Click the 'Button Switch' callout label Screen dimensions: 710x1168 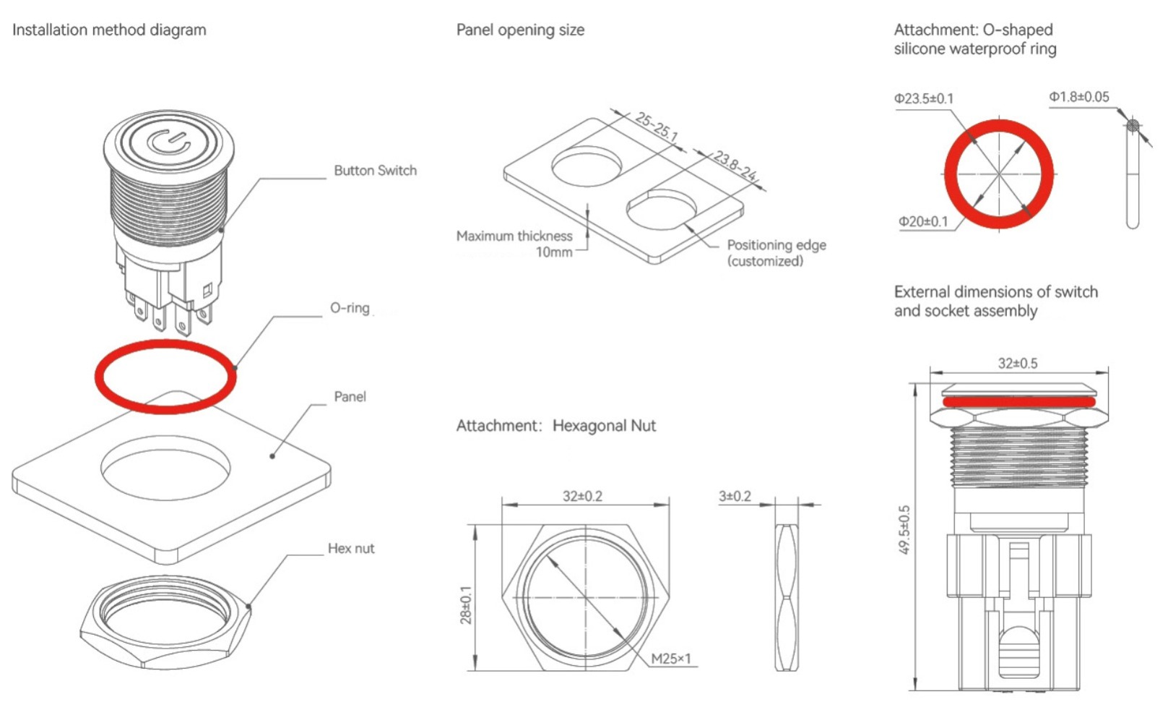pos(375,171)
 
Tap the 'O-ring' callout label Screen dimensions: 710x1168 pos(350,307)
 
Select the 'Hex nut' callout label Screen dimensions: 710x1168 pos(351,548)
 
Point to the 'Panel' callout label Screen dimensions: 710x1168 pos(350,396)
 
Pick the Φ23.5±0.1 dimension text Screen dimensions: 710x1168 pos(923,98)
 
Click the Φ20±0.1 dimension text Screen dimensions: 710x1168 pos(922,221)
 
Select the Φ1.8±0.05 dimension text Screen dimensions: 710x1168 pos(1078,97)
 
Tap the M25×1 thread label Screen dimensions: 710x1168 pos(670,659)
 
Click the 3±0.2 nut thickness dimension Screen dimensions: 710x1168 pos(735,497)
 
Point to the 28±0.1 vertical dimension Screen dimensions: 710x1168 pos(466,604)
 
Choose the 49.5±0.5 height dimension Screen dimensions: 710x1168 pos(904,530)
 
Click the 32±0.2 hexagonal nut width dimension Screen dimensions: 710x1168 pos(582,496)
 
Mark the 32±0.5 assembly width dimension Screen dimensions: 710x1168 pos(1017,363)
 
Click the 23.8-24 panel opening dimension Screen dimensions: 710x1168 pos(735,166)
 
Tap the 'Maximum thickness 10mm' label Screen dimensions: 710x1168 pos(514,244)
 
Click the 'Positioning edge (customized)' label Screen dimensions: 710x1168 pos(776,252)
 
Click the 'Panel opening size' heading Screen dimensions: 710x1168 pos(520,30)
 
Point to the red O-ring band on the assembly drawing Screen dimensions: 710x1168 pos(1018,401)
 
